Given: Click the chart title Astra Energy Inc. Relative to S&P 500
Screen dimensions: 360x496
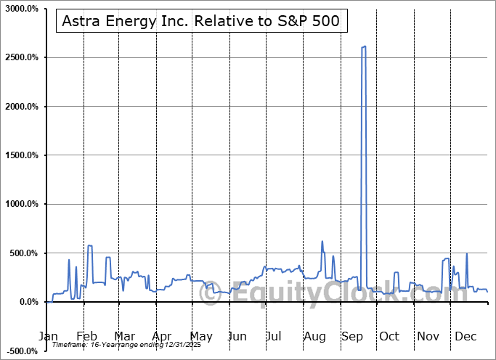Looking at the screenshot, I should click(200, 22).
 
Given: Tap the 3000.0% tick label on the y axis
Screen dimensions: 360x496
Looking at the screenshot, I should click(21, 9).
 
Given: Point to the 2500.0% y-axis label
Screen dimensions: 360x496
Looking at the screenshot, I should click(21, 57).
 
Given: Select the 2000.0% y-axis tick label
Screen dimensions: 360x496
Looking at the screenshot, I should click(21, 107).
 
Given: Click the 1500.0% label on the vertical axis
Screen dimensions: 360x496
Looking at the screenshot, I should click(21, 155).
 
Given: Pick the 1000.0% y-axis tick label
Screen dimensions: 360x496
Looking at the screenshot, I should click(21, 205).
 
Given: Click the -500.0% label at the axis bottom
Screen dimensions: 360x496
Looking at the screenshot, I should click(21, 351).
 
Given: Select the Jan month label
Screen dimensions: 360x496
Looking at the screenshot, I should click(48, 336).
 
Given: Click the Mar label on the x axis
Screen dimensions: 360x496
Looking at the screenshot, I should click(125, 336).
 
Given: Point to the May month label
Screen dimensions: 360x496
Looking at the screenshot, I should click(201, 336).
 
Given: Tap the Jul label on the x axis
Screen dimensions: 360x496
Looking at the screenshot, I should click(275, 336).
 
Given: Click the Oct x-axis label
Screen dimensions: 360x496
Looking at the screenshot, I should click(389, 336).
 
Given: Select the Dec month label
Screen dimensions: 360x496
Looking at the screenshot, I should click(465, 336).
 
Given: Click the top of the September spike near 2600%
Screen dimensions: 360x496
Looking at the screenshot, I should click(363, 47).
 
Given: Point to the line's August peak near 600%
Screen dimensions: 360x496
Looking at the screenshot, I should click(322, 242).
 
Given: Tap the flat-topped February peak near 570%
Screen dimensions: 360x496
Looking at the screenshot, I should click(90, 246).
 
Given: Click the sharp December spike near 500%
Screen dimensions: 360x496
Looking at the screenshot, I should click(466, 253).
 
